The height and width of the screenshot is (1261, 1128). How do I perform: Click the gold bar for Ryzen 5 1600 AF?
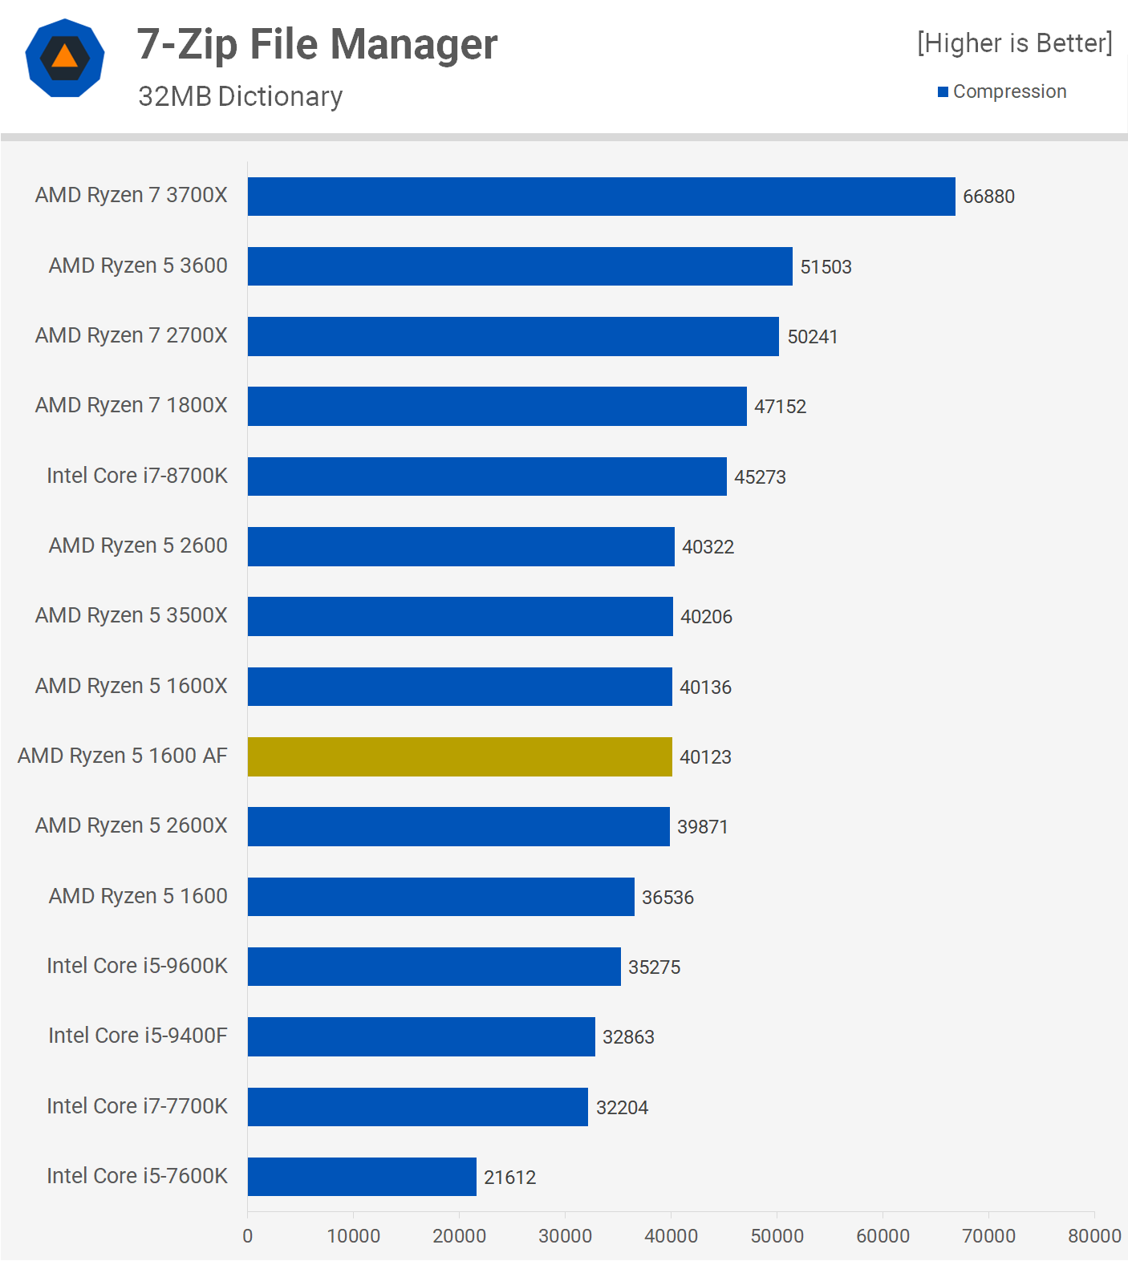tap(460, 756)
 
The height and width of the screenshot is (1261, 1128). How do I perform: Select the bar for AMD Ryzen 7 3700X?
tap(601, 197)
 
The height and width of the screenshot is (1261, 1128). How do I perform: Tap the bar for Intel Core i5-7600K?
tap(362, 1177)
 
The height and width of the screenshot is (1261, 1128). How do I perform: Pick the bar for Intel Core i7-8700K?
tap(487, 476)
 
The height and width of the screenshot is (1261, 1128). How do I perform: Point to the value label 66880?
tap(988, 197)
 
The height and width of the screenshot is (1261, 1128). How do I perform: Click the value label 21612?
tap(509, 1178)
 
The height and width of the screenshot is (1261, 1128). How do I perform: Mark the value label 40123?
tap(705, 757)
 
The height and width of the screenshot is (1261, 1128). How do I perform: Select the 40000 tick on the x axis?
tap(671, 1236)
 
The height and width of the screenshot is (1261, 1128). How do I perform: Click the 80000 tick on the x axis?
tap(1094, 1236)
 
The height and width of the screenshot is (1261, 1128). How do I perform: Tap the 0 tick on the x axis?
tap(248, 1236)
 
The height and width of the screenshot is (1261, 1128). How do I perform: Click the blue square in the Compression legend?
tap(943, 92)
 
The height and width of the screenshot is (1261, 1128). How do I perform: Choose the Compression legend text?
tap(1009, 92)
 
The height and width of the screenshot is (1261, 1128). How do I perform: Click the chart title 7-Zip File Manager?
tap(317, 44)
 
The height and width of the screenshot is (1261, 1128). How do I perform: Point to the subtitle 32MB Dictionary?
tap(240, 96)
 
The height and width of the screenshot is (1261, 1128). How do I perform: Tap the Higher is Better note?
tap(1015, 43)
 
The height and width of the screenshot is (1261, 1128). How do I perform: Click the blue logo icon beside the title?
tap(65, 58)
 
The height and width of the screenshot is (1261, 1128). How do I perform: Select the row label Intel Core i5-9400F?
tap(137, 1036)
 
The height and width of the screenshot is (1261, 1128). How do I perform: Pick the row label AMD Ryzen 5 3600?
tap(138, 266)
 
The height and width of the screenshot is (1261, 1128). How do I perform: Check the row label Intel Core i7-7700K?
tap(137, 1106)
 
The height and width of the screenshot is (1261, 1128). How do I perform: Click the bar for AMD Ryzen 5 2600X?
tap(458, 827)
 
